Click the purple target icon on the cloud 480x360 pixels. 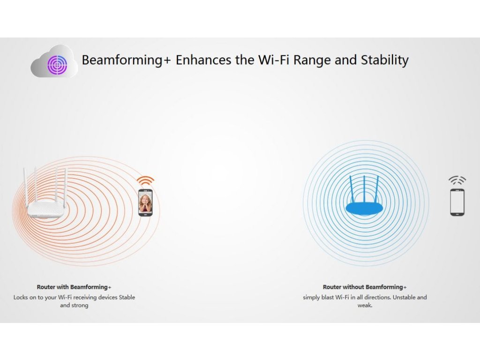(x=57, y=65)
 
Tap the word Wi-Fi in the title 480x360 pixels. (x=274, y=60)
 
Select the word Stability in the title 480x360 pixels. (x=385, y=60)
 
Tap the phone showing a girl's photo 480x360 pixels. (x=145, y=202)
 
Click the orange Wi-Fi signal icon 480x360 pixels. (x=145, y=180)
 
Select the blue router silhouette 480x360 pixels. (x=364, y=195)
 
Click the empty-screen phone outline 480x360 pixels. (x=457, y=202)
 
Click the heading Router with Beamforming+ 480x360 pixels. (x=74, y=287)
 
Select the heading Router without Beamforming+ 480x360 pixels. (x=365, y=287)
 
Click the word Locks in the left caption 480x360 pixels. (x=21, y=297)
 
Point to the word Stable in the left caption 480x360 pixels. (x=127, y=297)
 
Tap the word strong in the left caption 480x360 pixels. (x=80, y=306)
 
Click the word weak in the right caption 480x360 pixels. (x=365, y=305)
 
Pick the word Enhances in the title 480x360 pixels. (x=203, y=60)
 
